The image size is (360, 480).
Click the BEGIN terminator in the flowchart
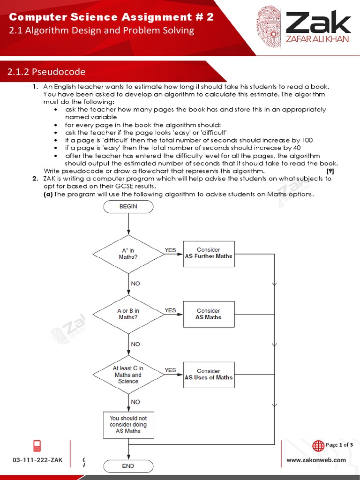[x=128, y=206]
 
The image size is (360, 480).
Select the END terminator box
[x=128, y=466]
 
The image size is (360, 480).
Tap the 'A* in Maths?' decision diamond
[x=128, y=254]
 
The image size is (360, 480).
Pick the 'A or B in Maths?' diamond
[x=128, y=314]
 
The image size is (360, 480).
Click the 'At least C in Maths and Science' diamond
[x=128, y=375]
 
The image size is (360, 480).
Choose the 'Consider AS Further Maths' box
[x=209, y=254]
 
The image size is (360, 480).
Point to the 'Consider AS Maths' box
[x=209, y=314]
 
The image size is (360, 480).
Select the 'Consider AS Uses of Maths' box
[x=209, y=375]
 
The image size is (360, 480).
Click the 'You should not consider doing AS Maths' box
[x=128, y=425]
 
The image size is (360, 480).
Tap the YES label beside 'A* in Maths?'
[x=170, y=250]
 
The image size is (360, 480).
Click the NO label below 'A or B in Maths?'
[x=135, y=344]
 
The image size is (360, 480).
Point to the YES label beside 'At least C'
[x=170, y=370]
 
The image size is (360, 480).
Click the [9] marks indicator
[x=330, y=171]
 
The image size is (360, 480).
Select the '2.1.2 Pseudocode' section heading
[x=46, y=72]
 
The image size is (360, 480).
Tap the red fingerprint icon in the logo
[x=268, y=27]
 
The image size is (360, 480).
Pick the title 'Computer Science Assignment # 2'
[x=112, y=17]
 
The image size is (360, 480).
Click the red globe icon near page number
[x=318, y=445]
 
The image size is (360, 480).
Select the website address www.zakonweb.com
[x=316, y=460]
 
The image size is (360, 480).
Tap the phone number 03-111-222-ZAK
[x=37, y=460]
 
